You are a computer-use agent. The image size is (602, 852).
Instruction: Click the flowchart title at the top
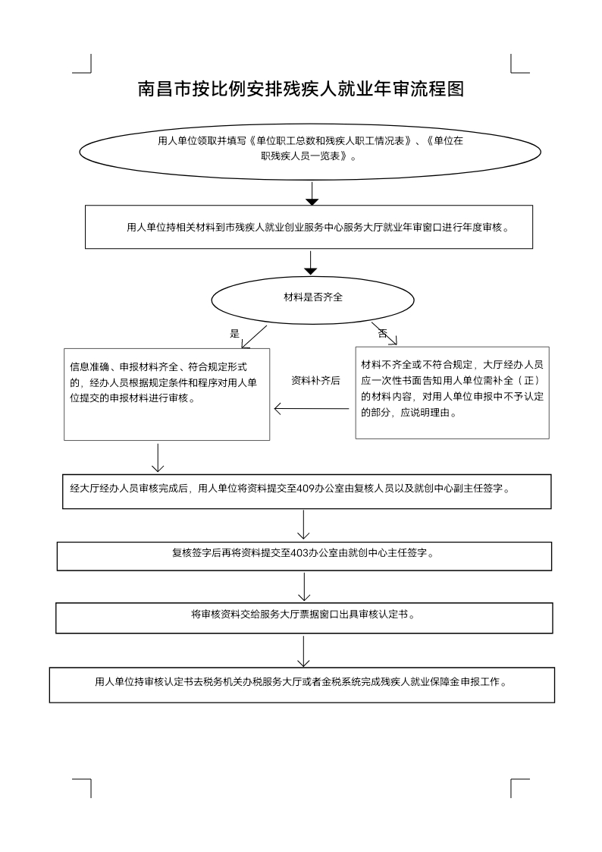coord(300,90)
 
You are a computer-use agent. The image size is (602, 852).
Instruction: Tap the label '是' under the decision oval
coord(234,333)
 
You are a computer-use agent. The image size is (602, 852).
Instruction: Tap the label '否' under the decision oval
coord(382,333)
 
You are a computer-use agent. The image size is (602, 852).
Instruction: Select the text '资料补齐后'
coord(315,381)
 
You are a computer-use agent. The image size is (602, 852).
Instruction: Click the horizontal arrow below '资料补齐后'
coord(312,410)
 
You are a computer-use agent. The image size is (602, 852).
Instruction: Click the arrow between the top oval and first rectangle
coord(311,193)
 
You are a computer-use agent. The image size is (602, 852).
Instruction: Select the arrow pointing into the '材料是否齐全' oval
coord(310,262)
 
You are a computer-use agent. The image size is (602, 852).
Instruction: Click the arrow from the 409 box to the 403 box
coord(304,523)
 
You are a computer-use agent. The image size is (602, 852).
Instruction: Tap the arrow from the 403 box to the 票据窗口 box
coord(304,586)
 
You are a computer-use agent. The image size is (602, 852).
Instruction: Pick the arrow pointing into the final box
coord(304,651)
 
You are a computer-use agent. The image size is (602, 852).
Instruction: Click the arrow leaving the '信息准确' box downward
coord(158,457)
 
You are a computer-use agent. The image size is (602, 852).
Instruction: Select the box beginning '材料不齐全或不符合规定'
coord(452,392)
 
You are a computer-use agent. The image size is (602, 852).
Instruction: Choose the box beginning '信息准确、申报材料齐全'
coord(167,393)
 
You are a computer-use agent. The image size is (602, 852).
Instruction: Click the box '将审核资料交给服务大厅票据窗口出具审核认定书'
coord(303,618)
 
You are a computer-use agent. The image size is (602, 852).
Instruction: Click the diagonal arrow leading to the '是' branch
coord(253,338)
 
